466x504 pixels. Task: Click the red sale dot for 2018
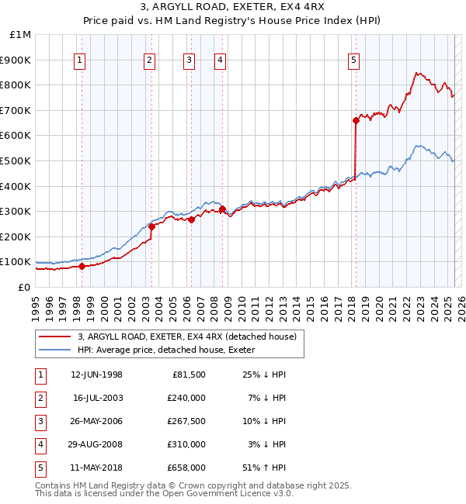pyautogui.click(x=356, y=120)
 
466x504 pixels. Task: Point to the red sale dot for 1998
pyautogui.click(x=82, y=267)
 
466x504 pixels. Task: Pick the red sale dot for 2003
pyautogui.click(x=152, y=226)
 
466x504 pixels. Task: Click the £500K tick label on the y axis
pyautogui.click(x=16, y=161)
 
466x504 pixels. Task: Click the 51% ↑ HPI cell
pyautogui.click(x=263, y=468)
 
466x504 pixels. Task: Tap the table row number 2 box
pyautogui.click(x=40, y=398)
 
